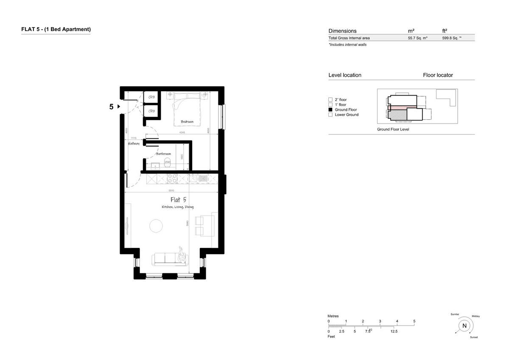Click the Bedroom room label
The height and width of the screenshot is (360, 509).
pyautogui.click(x=187, y=122)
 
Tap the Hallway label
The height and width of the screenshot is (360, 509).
pyautogui.click(x=134, y=144)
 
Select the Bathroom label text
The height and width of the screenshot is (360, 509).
pyautogui.click(x=163, y=154)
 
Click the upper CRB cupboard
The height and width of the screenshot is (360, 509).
pyautogui.click(x=151, y=97)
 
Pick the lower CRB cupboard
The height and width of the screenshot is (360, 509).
pyautogui.click(x=151, y=111)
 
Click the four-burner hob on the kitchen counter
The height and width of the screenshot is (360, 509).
pyautogui.click(x=173, y=179)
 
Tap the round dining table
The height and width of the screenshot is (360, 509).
pyautogui.click(x=156, y=225)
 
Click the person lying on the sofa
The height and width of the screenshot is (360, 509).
pyautogui.click(x=182, y=255)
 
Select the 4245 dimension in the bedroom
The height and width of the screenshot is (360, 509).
pyautogui.click(x=182, y=133)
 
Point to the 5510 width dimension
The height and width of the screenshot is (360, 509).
pyautogui.click(x=171, y=191)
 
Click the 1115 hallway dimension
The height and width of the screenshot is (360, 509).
pyautogui.click(x=134, y=138)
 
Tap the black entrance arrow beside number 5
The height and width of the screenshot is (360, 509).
pyautogui.click(x=119, y=107)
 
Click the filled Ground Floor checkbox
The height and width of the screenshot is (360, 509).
pyautogui.click(x=330, y=110)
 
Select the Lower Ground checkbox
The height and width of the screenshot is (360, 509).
pyautogui.click(x=330, y=115)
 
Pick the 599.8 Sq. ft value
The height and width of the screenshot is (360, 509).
pyautogui.click(x=451, y=38)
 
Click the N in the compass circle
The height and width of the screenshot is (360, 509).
pyautogui.click(x=464, y=326)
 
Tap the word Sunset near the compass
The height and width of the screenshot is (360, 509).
pyautogui.click(x=474, y=337)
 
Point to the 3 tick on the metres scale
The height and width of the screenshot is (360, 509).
pyautogui.click(x=380, y=321)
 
